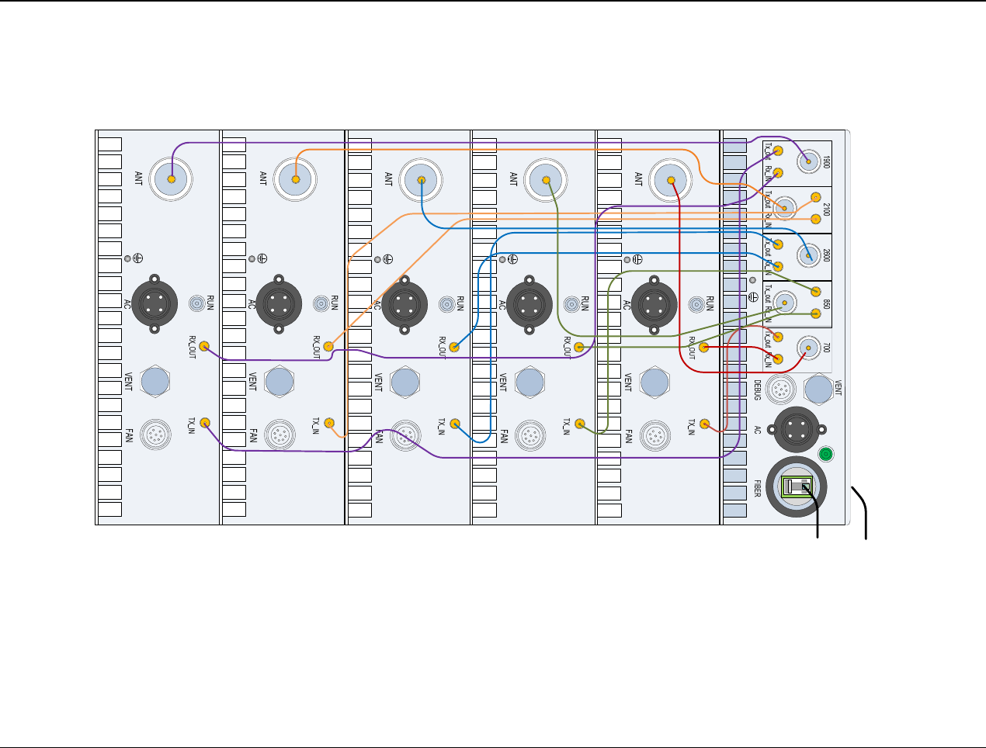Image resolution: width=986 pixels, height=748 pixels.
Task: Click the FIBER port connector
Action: click(797, 487)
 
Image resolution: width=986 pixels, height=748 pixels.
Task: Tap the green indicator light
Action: click(826, 454)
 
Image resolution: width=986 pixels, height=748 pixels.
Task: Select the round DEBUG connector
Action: click(780, 388)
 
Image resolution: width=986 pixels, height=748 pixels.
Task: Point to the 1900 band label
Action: click(827, 162)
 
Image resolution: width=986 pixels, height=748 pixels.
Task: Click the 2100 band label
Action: click(827, 209)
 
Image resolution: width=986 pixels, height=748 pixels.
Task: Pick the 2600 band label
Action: click(827, 256)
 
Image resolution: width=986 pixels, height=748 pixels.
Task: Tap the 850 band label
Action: click(827, 304)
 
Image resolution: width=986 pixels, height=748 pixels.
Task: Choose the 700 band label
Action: click(827, 350)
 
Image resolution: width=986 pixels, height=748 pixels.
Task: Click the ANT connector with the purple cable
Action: click(171, 179)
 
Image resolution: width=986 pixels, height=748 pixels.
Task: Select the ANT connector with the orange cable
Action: click(296, 179)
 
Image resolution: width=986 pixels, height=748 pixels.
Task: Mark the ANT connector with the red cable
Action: click(671, 180)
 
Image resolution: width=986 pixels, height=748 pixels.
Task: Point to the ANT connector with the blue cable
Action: click(421, 180)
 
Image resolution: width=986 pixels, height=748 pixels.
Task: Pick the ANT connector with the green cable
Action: click(547, 180)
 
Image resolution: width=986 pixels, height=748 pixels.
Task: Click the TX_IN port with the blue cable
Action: click(455, 424)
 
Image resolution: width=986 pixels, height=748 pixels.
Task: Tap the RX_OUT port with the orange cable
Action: click(329, 347)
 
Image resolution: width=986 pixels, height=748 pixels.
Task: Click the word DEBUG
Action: click(758, 389)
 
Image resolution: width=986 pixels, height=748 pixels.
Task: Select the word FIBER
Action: click(758, 488)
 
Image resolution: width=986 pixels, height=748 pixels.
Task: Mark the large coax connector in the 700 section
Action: click(808, 348)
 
